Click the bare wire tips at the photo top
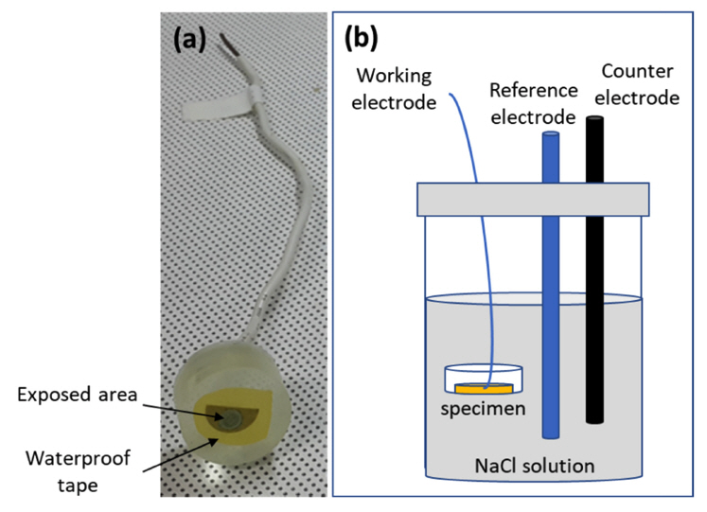pyautogui.click(x=227, y=44)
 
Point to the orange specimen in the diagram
pyautogui.click(x=483, y=388)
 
